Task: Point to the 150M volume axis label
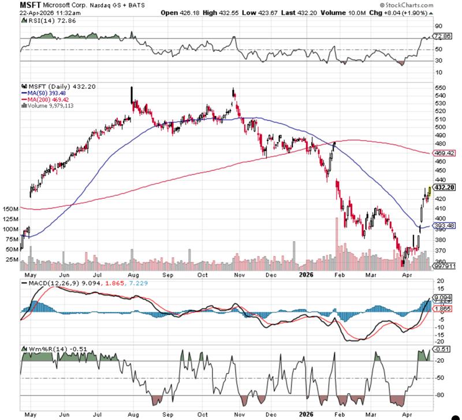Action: [10, 208]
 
